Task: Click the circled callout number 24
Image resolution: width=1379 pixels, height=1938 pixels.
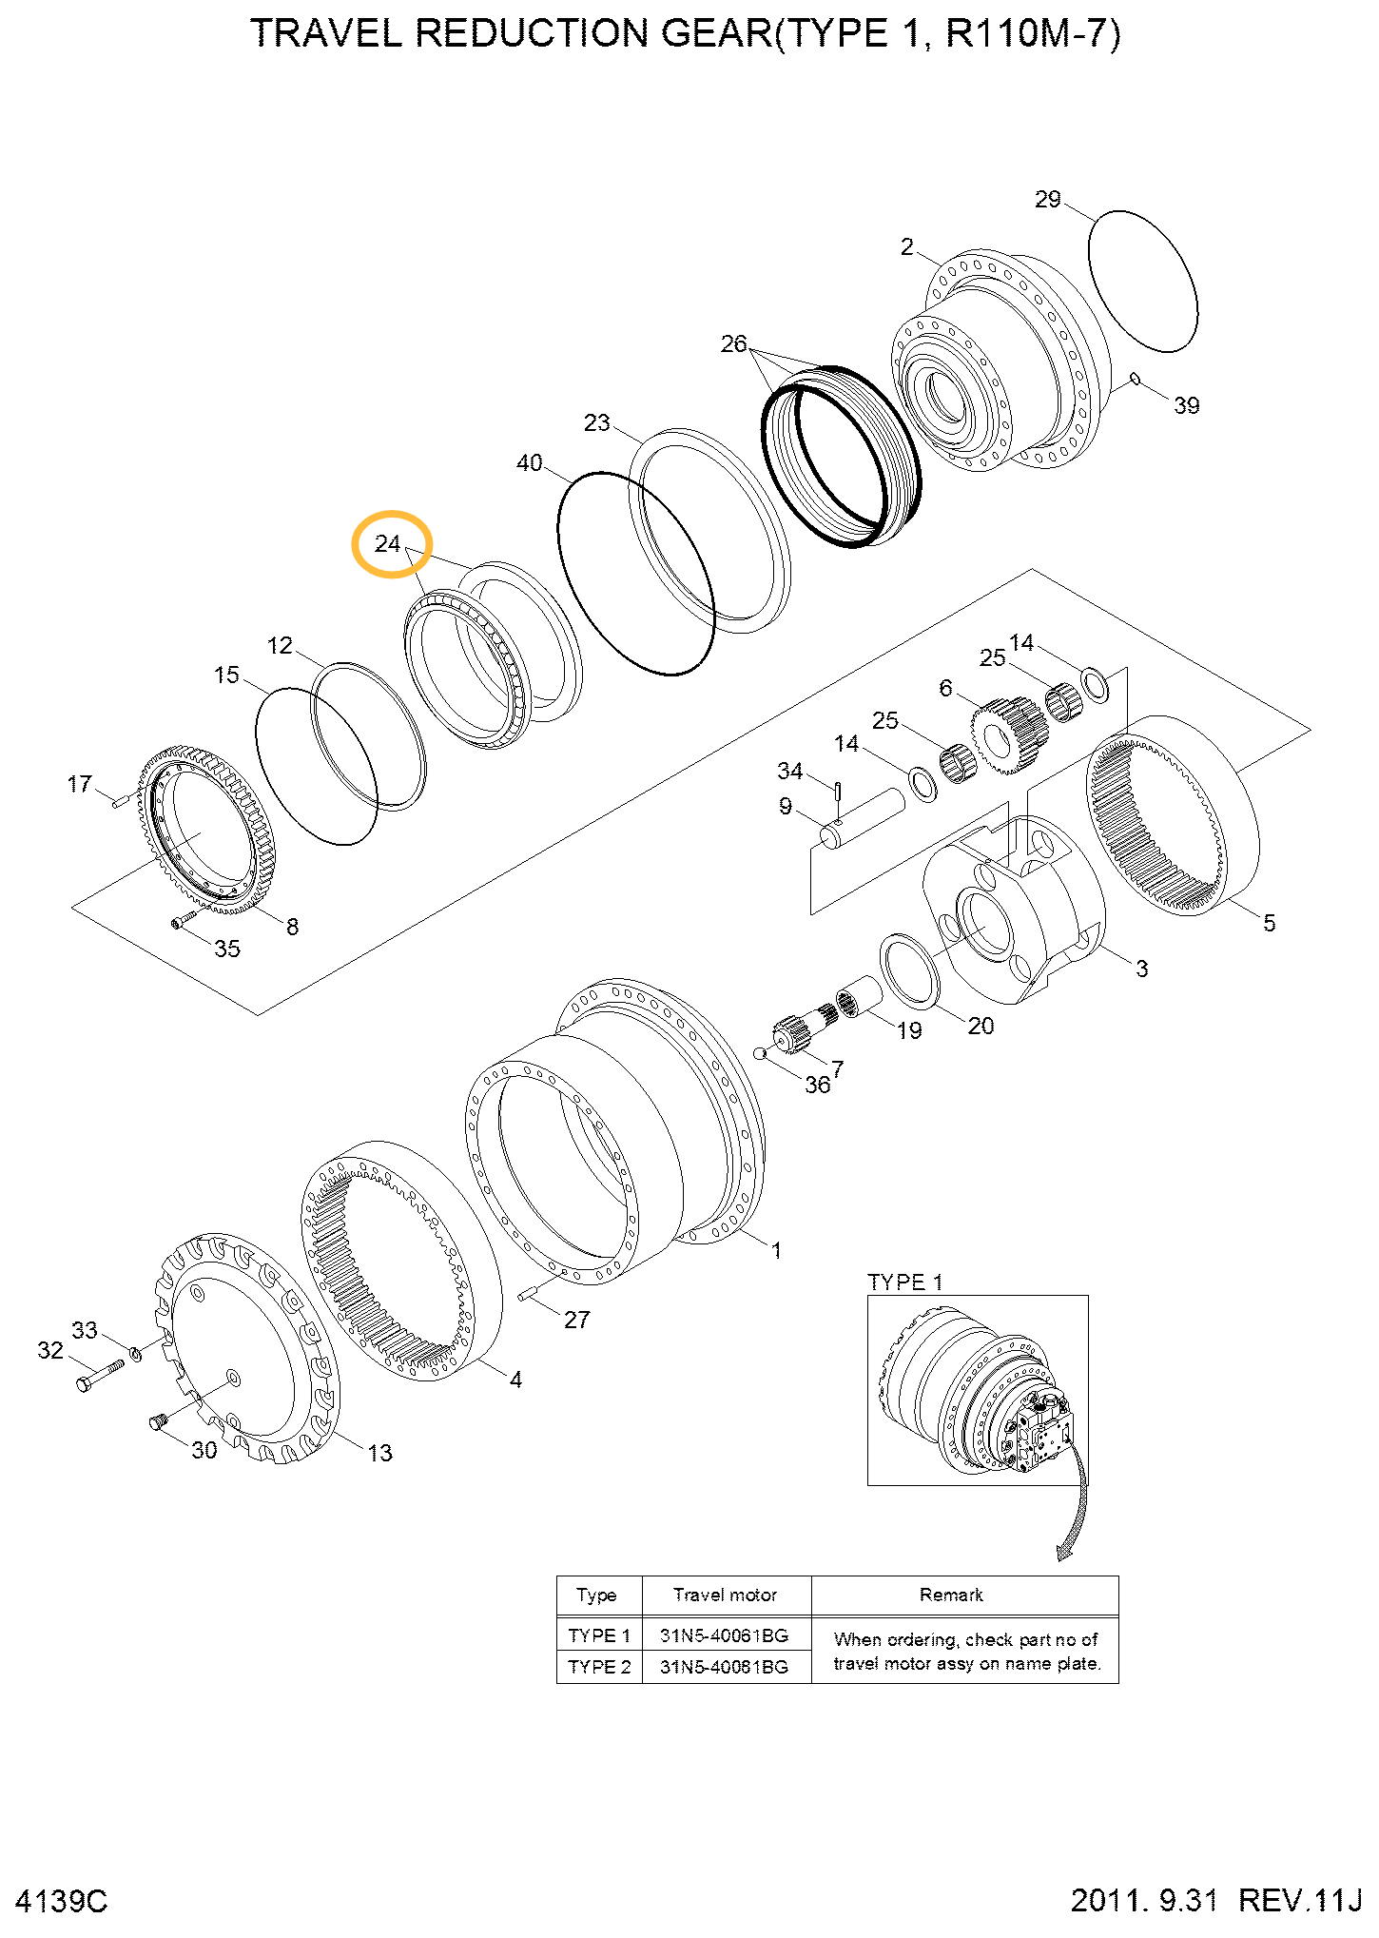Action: [x=388, y=543]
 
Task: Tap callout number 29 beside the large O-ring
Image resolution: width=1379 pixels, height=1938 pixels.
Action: [x=1047, y=199]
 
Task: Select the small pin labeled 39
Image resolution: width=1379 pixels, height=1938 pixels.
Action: [x=1135, y=380]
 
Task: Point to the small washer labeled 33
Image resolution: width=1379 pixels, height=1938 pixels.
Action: [x=135, y=1352]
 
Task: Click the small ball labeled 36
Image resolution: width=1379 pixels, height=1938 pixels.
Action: [x=759, y=1053]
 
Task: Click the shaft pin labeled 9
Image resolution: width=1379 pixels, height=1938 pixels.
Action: [x=865, y=816]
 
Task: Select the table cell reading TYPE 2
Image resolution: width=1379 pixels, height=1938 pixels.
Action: [x=599, y=1666]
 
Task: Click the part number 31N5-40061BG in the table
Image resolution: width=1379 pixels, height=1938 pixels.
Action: [x=725, y=1635]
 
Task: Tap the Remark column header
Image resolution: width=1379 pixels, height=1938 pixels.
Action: [x=951, y=1595]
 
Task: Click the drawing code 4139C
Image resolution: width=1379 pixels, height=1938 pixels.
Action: [x=62, y=1901]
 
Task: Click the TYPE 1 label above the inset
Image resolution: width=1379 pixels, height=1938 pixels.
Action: [x=904, y=1282]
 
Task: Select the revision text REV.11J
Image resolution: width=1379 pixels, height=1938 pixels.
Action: [x=1299, y=1900]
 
